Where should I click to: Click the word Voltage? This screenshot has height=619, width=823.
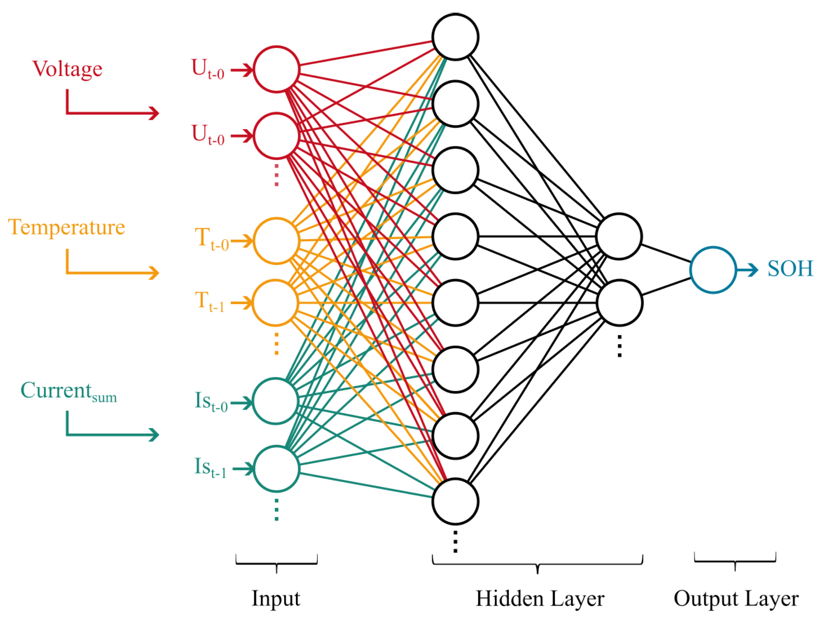click(68, 69)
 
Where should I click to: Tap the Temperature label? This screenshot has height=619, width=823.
click(67, 227)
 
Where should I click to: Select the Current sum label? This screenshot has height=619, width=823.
click(69, 391)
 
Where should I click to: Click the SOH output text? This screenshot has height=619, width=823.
click(790, 269)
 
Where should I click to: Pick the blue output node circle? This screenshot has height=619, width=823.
click(713, 270)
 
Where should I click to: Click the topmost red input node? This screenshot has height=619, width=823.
click(276, 69)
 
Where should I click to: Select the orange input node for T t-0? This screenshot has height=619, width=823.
click(276, 241)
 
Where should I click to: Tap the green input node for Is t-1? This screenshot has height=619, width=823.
click(276, 469)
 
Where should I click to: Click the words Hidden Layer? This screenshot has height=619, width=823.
click(539, 599)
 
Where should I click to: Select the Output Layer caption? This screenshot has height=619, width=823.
click(736, 599)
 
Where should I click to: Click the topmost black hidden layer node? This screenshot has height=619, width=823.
click(455, 37)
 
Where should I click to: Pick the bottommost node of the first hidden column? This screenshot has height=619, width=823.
click(455, 501)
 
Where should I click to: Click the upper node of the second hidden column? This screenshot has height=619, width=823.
click(619, 236)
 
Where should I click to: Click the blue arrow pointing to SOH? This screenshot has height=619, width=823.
click(747, 270)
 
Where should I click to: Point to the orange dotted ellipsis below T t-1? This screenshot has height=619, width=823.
click(276, 343)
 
